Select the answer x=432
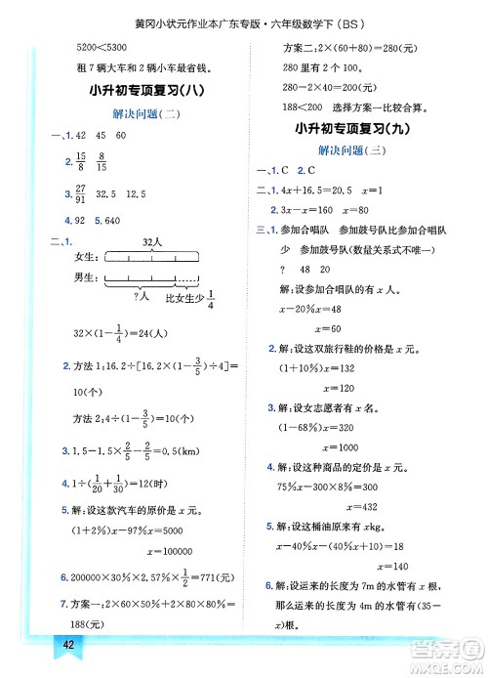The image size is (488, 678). click(x=367, y=507)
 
